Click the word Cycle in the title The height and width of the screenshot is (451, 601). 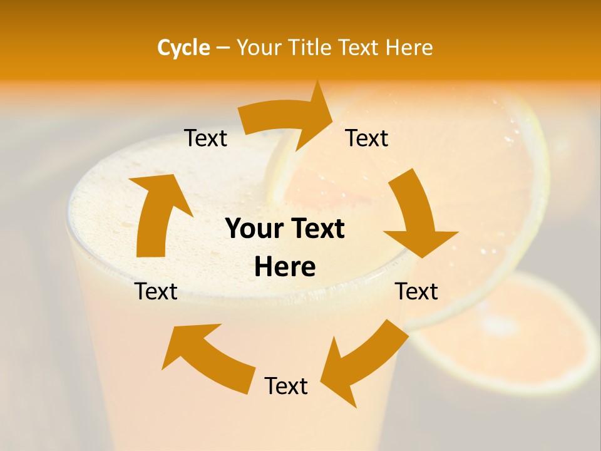coord(183,48)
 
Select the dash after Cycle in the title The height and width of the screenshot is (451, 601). coord(223,48)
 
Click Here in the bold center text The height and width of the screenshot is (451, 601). coord(285,267)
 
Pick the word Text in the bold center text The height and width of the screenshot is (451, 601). coord(317,229)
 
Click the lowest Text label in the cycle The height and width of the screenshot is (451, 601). coord(286,386)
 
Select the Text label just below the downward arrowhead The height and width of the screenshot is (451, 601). coord(417,291)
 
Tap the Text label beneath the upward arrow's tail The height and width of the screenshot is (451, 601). coord(157,291)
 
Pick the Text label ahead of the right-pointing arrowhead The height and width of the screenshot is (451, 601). coord(367,138)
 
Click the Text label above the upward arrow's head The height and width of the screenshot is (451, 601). coord(206,138)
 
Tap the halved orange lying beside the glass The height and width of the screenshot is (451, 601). coord(513,332)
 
